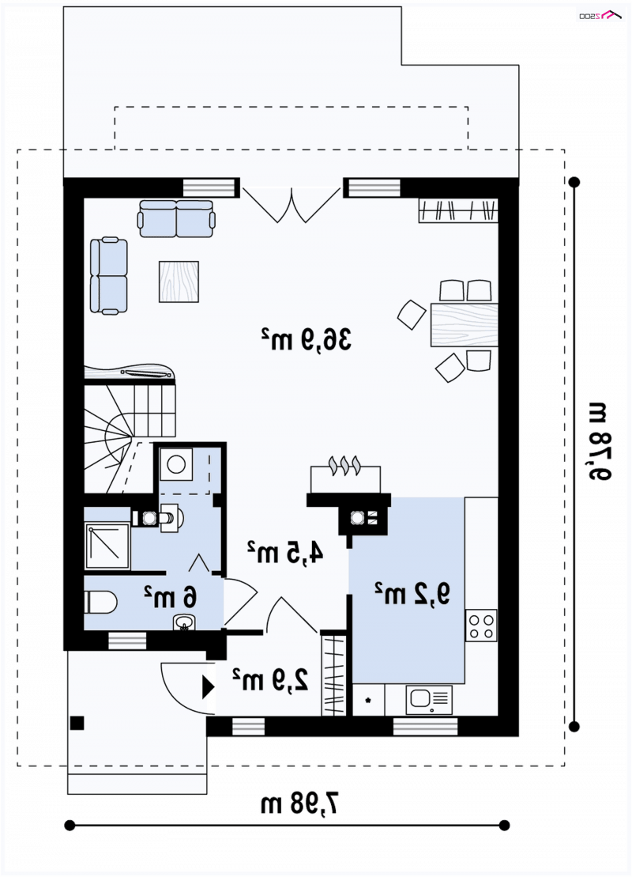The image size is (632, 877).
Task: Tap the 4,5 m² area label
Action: point(285,553)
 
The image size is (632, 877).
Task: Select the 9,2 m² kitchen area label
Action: point(412,594)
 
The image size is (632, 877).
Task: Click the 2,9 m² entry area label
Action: point(270,679)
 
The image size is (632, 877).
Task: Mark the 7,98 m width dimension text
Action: point(301,804)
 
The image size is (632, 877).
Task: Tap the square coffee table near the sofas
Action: point(179,282)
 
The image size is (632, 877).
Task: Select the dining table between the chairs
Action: point(464,325)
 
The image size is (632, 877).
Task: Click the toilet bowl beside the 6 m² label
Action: point(100,603)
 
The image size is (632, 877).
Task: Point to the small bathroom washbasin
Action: point(183,622)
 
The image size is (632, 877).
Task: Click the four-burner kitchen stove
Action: point(481,626)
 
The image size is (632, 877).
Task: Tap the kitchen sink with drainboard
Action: point(429,700)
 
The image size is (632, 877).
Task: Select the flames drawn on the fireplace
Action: point(344,465)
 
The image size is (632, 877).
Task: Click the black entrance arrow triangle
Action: point(208,687)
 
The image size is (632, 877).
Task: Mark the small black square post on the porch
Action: point(77,724)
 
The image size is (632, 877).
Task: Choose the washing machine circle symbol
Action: point(176,465)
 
